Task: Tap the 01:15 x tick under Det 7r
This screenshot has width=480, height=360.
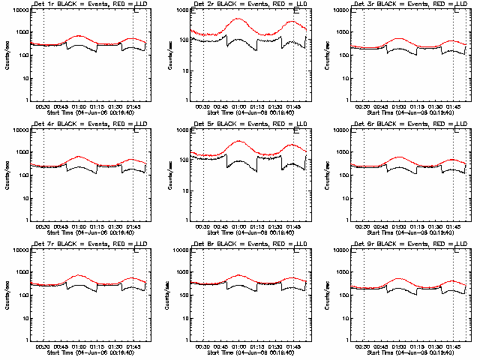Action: [x=96, y=346]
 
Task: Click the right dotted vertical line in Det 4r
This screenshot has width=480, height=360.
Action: [x=133, y=174]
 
